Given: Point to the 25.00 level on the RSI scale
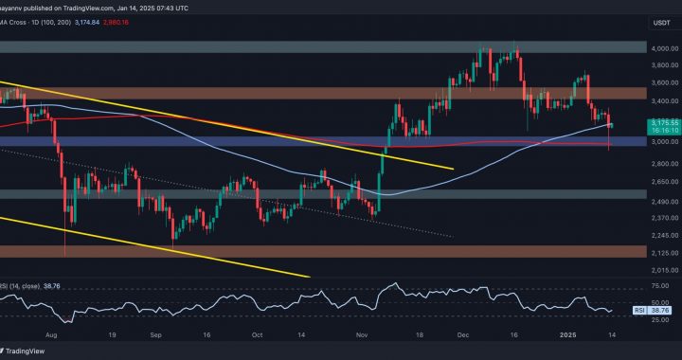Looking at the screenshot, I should pyautogui.click(x=654, y=319).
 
